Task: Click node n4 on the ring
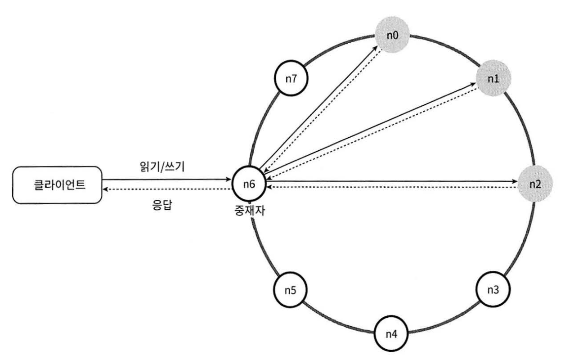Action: tap(391, 334)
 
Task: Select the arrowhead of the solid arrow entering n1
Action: tap(476, 83)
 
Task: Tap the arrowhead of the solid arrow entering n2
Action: tap(515, 182)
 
